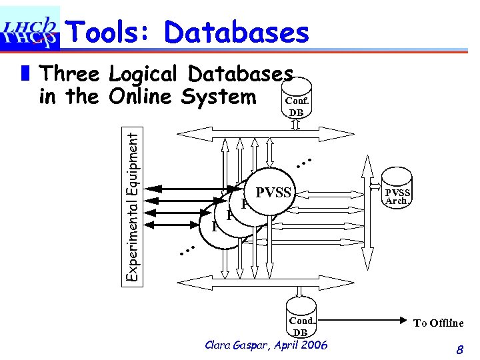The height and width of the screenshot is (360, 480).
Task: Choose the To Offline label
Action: coord(438,323)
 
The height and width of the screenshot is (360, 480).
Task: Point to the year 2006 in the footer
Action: coord(313,345)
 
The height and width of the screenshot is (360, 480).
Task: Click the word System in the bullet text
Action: coord(223,97)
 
